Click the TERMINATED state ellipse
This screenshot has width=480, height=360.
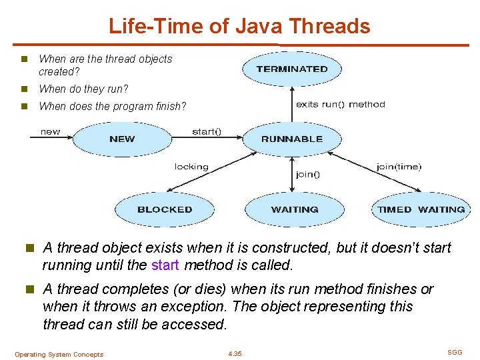click(292, 69)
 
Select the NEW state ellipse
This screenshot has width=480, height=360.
click(122, 139)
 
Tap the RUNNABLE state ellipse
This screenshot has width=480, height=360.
click(292, 139)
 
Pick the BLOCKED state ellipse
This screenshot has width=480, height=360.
click(165, 209)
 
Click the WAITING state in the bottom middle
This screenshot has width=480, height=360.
click(295, 209)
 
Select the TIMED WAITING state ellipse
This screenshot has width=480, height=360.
click(421, 209)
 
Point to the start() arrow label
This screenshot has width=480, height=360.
click(207, 131)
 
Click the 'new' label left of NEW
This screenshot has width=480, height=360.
click(50, 131)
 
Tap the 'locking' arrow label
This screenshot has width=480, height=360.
click(191, 167)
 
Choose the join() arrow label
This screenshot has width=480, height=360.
click(307, 175)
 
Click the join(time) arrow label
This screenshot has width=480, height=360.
click(399, 167)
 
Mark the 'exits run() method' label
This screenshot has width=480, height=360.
click(340, 104)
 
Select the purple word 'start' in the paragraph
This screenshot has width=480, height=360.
click(165, 265)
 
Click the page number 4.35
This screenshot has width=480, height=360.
click(235, 354)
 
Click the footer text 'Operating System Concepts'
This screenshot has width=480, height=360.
click(59, 355)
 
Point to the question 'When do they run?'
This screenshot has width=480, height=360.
click(83, 89)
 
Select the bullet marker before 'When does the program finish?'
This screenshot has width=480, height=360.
click(24, 106)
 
